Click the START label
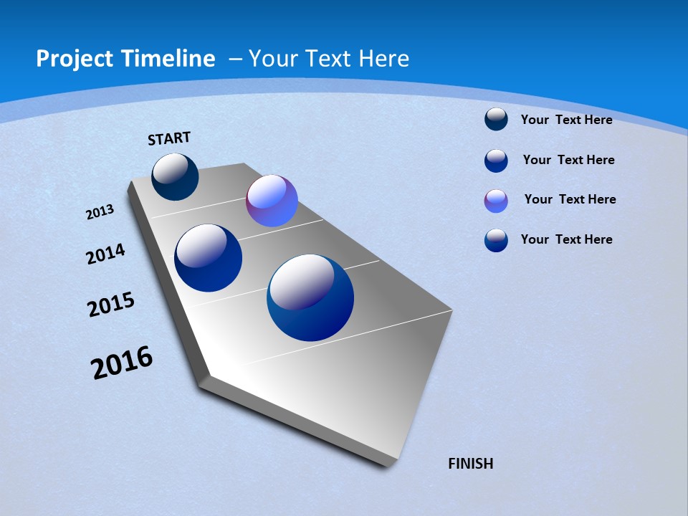click(169, 138)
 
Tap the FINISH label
click(470, 464)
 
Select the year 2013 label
click(100, 212)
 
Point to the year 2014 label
click(106, 254)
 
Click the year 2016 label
click(122, 363)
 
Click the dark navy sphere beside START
click(175, 177)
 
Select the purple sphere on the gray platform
click(272, 201)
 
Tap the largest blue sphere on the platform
click(310, 297)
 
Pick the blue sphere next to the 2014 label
click(208, 258)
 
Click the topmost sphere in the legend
click(496, 120)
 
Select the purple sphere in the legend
click(496, 201)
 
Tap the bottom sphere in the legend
click(496, 240)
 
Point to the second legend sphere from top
click(496, 161)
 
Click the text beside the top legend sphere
click(566, 120)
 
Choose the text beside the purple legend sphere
click(570, 199)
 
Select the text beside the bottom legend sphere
click(566, 239)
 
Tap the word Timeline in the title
click(170, 59)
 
